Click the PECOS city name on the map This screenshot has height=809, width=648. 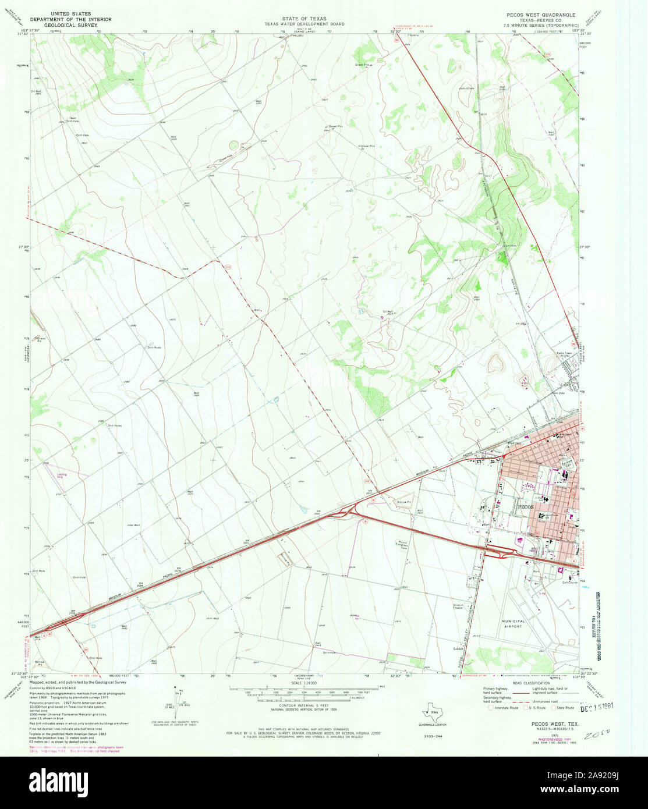524,506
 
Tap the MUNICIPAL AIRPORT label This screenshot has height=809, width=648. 513,624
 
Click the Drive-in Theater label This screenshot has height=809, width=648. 458,607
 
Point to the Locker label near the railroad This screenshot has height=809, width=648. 458,648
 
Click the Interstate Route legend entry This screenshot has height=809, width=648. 501,708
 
